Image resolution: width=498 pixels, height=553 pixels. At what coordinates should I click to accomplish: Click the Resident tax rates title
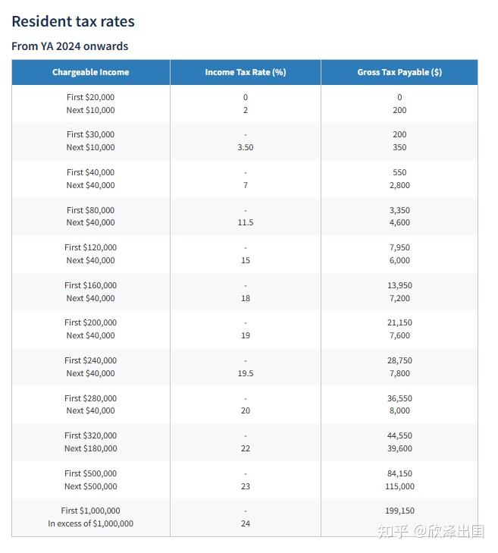[73, 21]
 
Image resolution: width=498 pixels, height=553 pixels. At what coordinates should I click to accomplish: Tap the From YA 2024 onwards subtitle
[70, 46]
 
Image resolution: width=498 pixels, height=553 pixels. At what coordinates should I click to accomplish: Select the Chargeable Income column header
[90, 73]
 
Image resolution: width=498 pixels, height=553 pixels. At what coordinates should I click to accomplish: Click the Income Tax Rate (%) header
[245, 73]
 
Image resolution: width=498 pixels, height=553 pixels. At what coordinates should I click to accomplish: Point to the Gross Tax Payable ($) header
[399, 73]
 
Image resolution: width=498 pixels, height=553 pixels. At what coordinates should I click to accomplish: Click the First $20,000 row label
[90, 97]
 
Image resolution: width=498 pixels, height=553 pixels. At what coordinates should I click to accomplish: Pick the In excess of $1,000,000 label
[90, 523]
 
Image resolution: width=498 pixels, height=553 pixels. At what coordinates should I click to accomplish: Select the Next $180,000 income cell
[90, 448]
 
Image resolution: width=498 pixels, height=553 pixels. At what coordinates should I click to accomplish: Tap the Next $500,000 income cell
[90, 486]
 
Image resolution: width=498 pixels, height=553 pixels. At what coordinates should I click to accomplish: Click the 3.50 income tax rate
[245, 147]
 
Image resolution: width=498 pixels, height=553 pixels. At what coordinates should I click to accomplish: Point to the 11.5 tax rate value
[245, 222]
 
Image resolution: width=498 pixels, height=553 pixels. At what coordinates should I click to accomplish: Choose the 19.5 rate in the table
[245, 373]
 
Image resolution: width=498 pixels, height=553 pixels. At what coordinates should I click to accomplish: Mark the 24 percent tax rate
[245, 523]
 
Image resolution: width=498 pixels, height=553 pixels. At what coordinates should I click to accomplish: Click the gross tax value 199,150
[399, 511]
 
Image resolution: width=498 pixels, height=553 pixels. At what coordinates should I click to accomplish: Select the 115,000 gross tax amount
[399, 486]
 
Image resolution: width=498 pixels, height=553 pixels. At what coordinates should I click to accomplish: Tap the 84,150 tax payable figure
[399, 473]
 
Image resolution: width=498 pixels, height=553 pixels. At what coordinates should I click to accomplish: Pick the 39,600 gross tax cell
[399, 448]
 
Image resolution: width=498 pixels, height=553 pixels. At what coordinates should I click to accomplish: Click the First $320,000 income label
[90, 435]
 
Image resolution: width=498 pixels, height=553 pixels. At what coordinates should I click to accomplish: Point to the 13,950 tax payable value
[399, 285]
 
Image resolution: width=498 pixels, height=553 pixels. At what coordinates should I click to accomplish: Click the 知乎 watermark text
[391, 532]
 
